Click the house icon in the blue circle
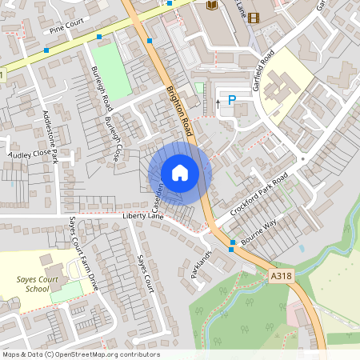pyautogui.click(x=180, y=173)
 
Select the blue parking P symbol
pyautogui.click(x=232, y=101)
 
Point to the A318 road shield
pyautogui.click(x=281, y=276)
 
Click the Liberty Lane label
pyautogui.click(x=142, y=216)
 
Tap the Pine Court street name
pyautogui.click(x=67, y=29)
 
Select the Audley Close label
pyautogui.click(x=29, y=152)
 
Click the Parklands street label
pyautogui.click(x=201, y=264)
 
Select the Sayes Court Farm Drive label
pyautogui.click(x=86, y=263)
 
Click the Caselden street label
pyautogui.click(x=160, y=197)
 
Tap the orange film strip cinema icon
pyautogui.click(x=254, y=18)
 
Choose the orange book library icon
pyautogui.click(x=212, y=6)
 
